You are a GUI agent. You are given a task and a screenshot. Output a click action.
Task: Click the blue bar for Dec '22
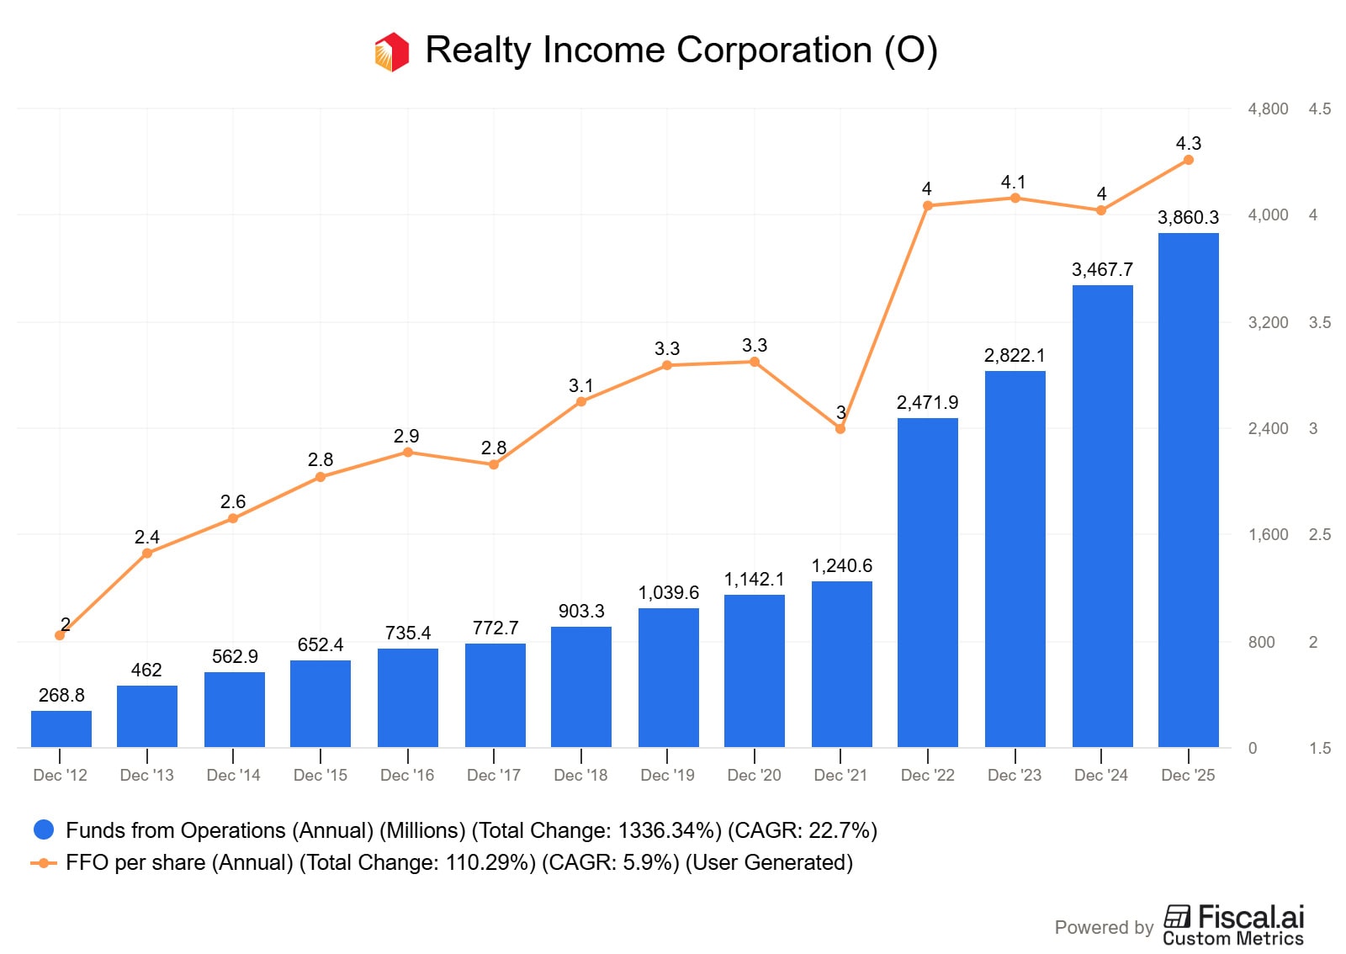point(927,582)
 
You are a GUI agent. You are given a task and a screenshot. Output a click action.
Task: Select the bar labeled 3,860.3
point(1188,490)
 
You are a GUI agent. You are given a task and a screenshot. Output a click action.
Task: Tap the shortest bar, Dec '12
point(61,729)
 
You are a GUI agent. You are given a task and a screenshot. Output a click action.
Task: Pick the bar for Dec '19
point(668,677)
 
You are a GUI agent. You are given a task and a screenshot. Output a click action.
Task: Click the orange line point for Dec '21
point(840,429)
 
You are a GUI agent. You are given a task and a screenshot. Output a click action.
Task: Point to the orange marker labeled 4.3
point(1188,160)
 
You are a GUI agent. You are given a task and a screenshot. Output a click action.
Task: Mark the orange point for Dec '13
point(147,553)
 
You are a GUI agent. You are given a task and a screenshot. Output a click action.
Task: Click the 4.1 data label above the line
point(1013,182)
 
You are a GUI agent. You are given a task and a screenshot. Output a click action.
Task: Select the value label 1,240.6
point(841,565)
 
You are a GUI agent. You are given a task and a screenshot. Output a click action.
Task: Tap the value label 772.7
point(495,628)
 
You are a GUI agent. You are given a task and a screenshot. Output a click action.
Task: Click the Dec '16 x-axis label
point(407,775)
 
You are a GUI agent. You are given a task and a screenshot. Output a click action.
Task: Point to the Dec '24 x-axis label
point(1100,775)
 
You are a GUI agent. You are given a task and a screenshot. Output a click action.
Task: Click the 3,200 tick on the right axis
point(1268,322)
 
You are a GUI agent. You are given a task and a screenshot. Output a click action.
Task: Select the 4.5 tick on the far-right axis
point(1319,109)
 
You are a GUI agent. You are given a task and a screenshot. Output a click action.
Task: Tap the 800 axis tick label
point(1261,642)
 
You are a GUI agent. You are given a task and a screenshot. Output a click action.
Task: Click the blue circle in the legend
point(44,830)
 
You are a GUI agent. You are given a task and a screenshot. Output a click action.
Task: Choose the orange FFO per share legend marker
point(44,862)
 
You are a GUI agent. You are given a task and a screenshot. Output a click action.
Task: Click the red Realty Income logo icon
point(392,51)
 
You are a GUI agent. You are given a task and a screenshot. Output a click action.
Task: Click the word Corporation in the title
point(774,50)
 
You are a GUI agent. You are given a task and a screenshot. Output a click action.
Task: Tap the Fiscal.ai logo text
point(1250,916)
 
